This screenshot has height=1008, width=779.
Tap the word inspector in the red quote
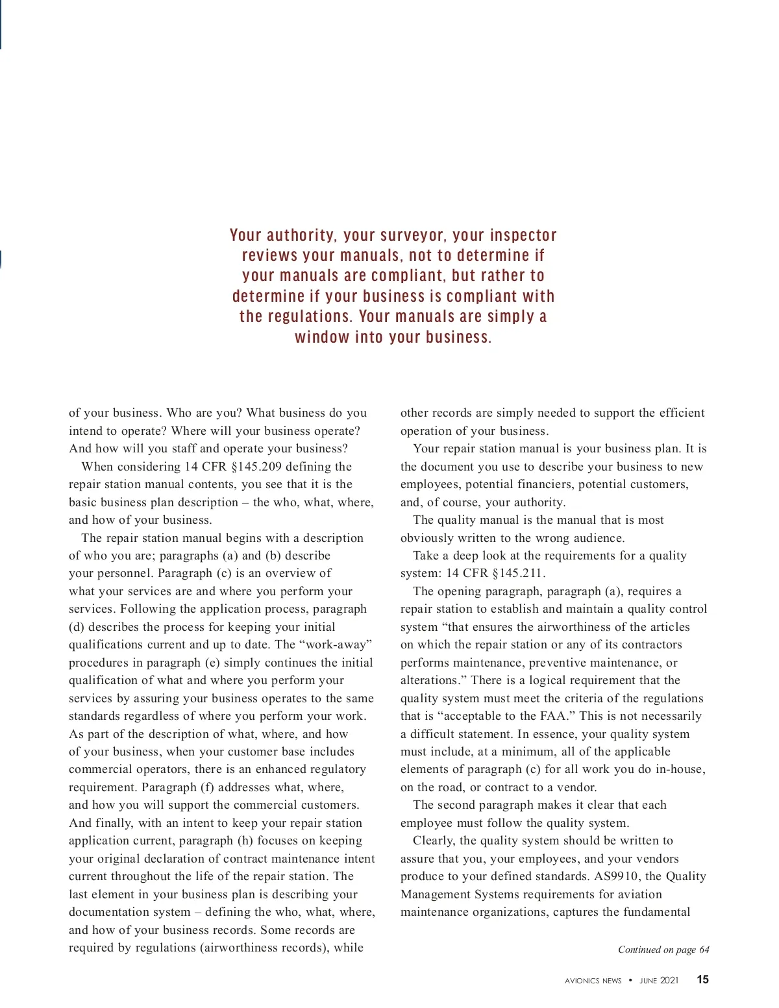tap(523, 235)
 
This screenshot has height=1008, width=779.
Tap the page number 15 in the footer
tap(702, 979)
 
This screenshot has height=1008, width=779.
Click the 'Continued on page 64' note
tap(663, 950)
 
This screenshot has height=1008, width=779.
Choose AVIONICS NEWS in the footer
tap(593, 981)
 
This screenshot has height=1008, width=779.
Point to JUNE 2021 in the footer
tap(659, 980)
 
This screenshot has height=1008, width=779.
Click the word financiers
tap(541, 484)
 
